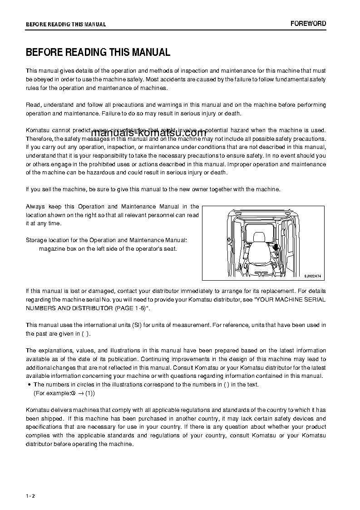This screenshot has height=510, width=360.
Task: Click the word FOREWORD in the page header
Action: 308,24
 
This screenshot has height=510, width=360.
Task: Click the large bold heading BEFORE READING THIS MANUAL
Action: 98,53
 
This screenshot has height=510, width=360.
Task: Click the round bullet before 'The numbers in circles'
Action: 29,385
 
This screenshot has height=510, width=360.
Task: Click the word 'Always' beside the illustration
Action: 35,207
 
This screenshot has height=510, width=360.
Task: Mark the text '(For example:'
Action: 52,393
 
